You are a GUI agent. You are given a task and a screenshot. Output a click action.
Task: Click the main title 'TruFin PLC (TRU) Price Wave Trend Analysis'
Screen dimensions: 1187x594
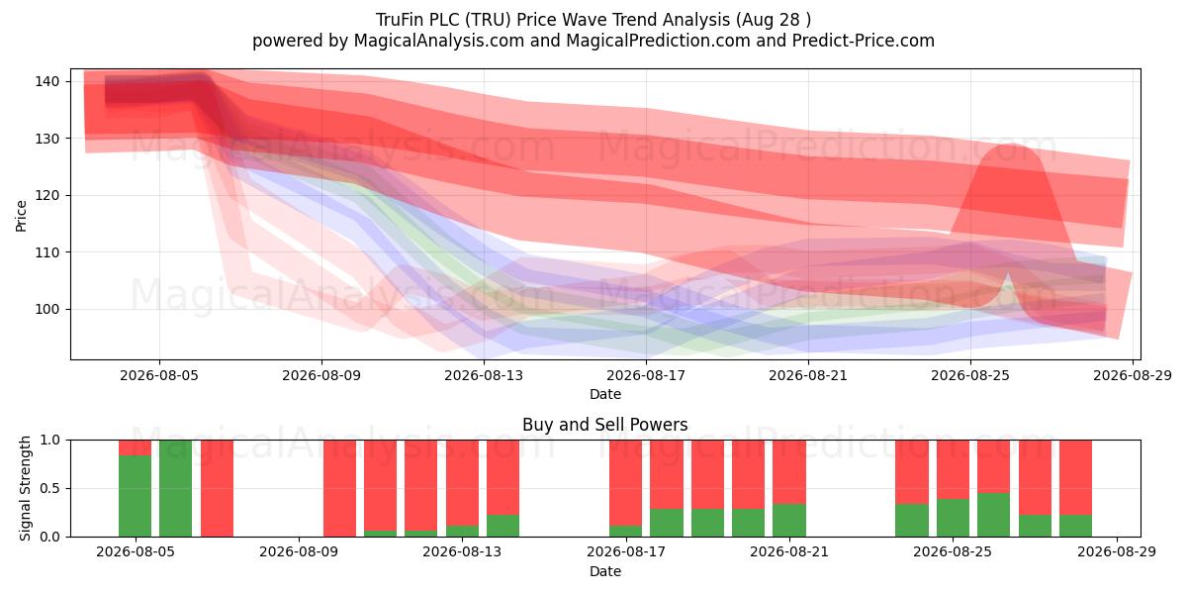[x=553, y=20]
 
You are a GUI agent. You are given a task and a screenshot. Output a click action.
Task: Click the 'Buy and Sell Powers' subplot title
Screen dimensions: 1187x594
[x=604, y=425]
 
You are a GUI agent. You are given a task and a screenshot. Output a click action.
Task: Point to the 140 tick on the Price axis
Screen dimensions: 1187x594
[x=47, y=81]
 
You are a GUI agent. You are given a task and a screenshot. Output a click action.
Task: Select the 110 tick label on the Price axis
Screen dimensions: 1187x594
[x=47, y=252]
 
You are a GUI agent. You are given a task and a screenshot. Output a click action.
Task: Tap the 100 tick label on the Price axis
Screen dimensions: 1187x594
[x=47, y=309]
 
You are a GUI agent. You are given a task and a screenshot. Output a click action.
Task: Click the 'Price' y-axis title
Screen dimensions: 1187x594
[x=21, y=216]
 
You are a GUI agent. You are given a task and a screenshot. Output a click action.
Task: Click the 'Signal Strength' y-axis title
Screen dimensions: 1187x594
[x=25, y=488]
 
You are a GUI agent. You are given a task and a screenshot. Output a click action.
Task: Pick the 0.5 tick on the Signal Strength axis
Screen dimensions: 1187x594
[x=50, y=488]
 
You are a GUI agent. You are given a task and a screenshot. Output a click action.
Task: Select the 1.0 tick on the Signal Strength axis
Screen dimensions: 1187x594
[x=50, y=441]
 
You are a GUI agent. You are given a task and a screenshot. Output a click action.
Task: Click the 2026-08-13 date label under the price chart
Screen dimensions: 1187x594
[x=484, y=375]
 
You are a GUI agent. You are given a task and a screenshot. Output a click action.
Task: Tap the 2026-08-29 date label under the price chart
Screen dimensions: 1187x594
[x=1133, y=375]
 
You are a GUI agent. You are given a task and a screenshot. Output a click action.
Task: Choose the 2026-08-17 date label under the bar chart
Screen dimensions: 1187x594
[x=626, y=551]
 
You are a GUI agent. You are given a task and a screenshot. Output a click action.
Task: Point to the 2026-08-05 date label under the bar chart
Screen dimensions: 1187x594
[x=136, y=551]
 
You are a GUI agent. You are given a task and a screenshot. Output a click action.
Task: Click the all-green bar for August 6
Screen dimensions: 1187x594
[x=175, y=488]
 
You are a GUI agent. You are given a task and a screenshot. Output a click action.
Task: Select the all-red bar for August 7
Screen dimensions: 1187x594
[x=217, y=488]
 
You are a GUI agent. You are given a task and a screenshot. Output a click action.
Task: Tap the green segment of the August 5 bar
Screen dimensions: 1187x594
[x=135, y=496]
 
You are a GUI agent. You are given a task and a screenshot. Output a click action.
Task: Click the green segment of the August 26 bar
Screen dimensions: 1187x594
[x=993, y=515]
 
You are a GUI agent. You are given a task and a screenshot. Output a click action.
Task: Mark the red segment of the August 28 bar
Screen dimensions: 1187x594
[x=1076, y=477]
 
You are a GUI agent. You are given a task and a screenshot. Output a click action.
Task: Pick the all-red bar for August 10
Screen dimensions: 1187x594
[x=339, y=488]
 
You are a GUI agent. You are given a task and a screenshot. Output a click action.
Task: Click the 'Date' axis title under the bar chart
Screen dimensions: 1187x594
[x=605, y=571]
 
